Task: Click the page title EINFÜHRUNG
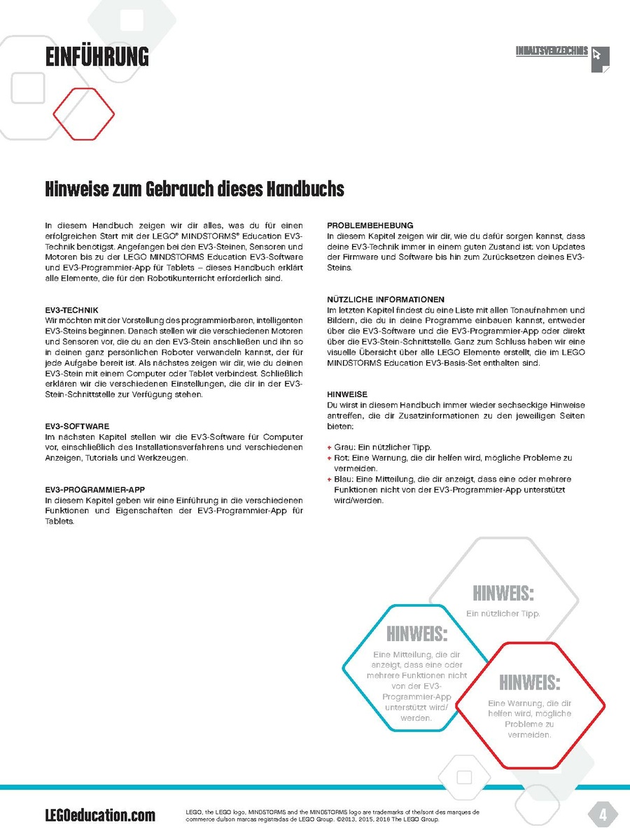[x=97, y=57]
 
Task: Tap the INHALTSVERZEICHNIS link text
[x=551, y=52]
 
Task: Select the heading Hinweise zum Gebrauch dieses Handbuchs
[x=195, y=189]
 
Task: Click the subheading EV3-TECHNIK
[x=71, y=309]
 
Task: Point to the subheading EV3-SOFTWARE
[x=76, y=426]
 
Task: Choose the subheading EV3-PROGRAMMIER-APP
[x=94, y=489]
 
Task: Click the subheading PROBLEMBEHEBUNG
[x=370, y=225]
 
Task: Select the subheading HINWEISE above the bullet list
[x=347, y=394]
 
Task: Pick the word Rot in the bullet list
[x=342, y=458]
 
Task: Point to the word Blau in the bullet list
[x=343, y=480]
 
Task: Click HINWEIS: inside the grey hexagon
[x=503, y=594]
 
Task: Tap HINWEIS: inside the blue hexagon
[x=416, y=635]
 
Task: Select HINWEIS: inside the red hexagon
[x=529, y=682]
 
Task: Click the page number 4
[x=601, y=815]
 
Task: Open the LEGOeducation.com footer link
[x=100, y=815]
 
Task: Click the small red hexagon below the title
[x=84, y=114]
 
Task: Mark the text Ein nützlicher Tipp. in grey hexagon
[x=503, y=613]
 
